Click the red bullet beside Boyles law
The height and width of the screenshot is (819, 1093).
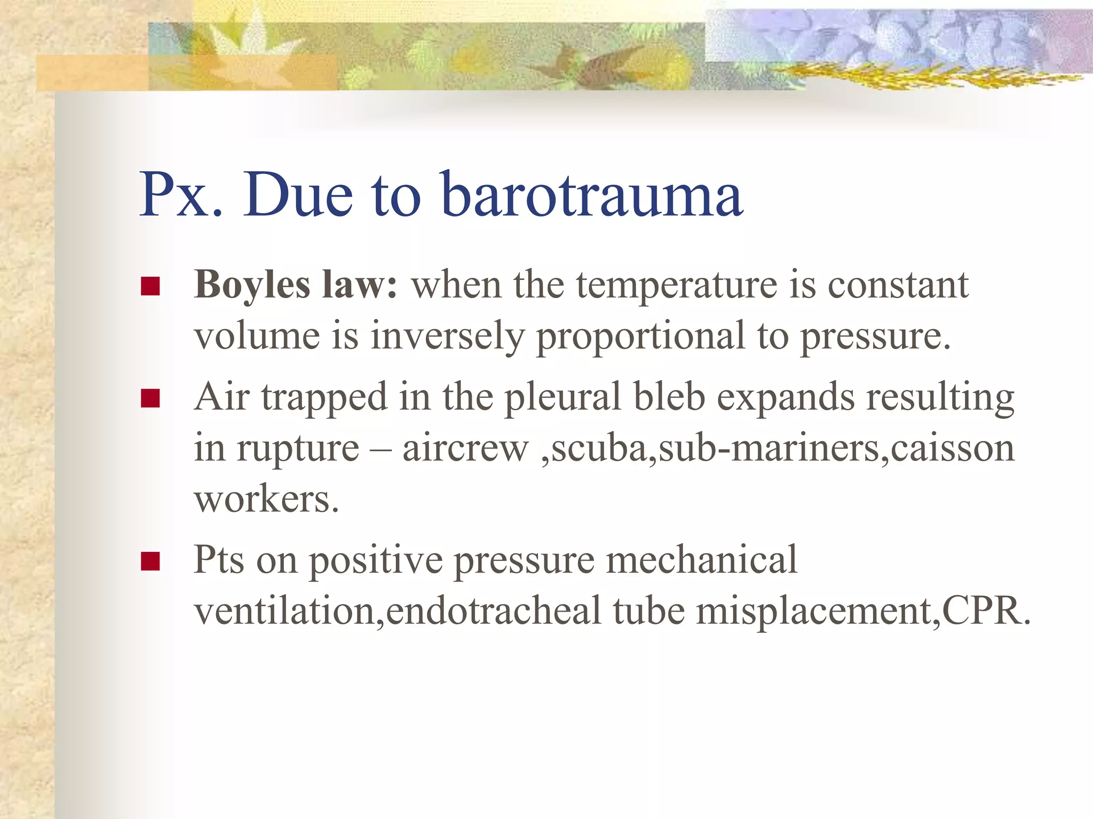pos(151,286)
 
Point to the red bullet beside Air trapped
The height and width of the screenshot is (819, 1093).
pos(151,398)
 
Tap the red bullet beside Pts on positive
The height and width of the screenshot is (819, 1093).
pos(151,561)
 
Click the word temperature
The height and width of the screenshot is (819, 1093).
pos(676,285)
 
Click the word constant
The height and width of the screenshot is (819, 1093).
pos(898,285)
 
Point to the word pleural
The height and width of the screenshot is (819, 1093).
pos(563,397)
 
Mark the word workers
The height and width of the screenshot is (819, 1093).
pos(266,500)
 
